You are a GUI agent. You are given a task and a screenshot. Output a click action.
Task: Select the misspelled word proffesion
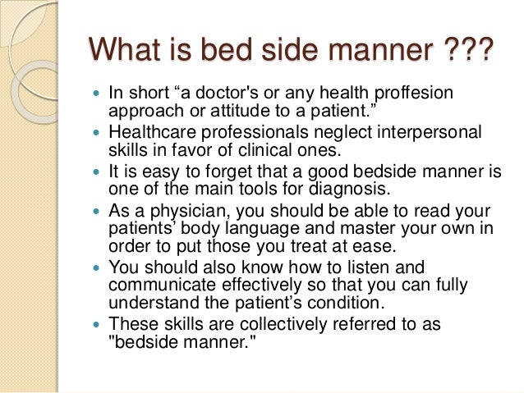pyautogui.click(x=413, y=94)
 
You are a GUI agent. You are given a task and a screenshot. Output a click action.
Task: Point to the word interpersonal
pyautogui.click(x=430, y=133)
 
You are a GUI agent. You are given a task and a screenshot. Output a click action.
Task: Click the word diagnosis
pyautogui.click(x=349, y=190)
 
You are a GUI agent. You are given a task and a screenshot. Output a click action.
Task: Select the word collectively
pyautogui.click(x=283, y=325)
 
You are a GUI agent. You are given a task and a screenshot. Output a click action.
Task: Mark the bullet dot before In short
pyautogui.click(x=97, y=94)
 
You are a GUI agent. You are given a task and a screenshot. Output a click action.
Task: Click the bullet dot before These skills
pyautogui.click(x=97, y=324)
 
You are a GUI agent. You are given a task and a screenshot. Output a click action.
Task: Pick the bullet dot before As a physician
pyautogui.click(x=97, y=212)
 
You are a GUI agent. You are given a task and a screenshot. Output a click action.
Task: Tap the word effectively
pyautogui.click(x=261, y=286)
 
